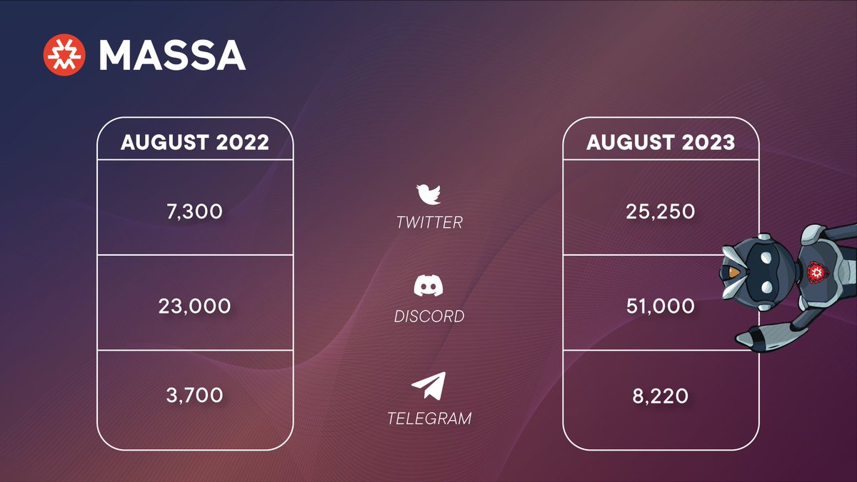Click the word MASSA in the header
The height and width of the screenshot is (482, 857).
coord(172,55)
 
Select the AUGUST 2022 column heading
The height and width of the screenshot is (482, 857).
coord(195,142)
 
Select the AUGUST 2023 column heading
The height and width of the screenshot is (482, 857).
coord(661,142)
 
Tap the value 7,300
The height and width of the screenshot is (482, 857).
coord(195,211)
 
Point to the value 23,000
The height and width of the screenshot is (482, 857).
coord(195,306)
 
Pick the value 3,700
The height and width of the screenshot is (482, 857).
coord(195,394)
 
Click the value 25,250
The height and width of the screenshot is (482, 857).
coord(661,211)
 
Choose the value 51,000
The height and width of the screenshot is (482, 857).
coord(661,306)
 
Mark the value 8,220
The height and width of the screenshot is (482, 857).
coord(661,394)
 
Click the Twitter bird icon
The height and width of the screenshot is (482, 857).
coord(429,194)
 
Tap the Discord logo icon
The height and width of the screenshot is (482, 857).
coord(429,286)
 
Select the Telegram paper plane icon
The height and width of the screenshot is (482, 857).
coord(429,386)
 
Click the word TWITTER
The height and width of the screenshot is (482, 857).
coord(429,223)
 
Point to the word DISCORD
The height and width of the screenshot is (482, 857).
coord(429,316)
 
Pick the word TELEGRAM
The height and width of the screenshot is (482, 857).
coord(429,418)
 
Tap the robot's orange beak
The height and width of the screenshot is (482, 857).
coord(733,272)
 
